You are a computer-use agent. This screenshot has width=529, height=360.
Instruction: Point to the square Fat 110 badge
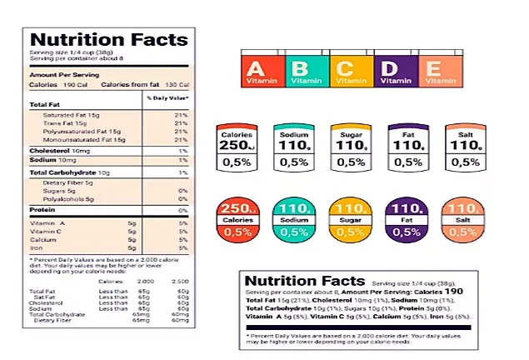407,149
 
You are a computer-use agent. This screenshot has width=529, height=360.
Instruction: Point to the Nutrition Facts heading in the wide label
305,281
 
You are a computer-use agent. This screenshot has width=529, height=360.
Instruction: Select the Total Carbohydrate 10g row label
63,172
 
